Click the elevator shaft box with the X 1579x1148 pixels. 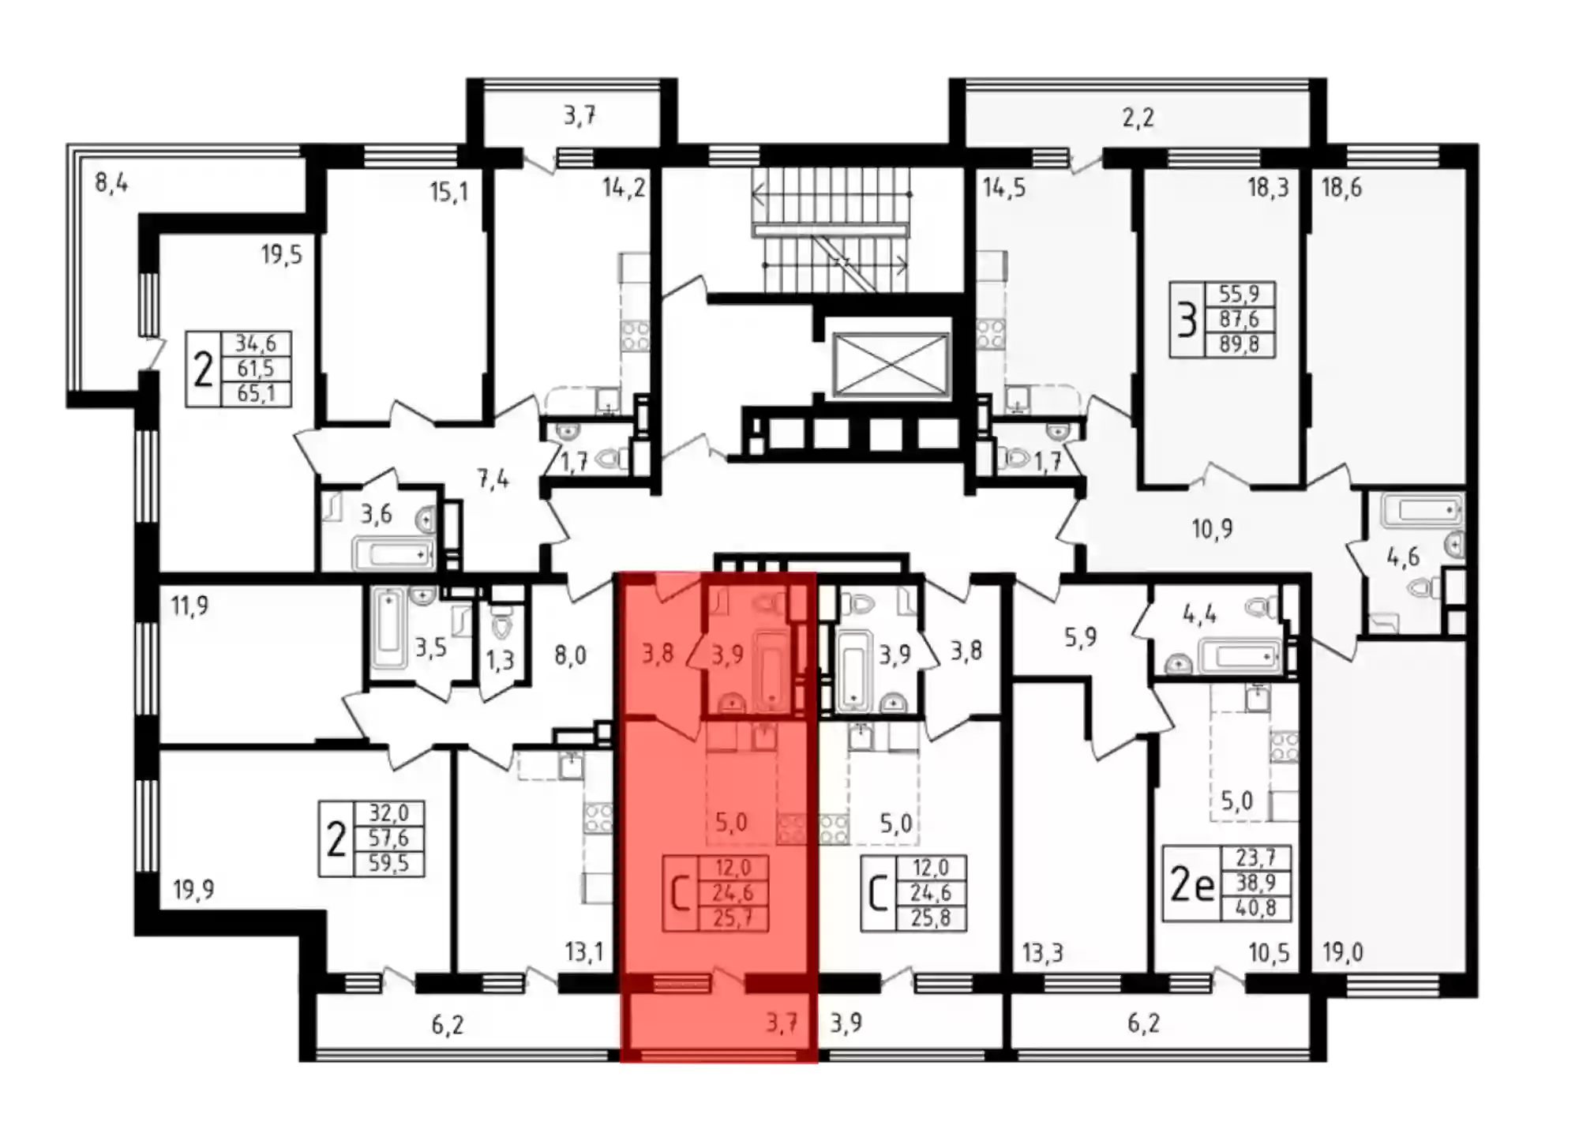point(890,365)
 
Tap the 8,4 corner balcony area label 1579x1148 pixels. point(111,184)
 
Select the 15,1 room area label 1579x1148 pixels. point(448,192)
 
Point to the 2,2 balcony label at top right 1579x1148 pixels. point(1138,118)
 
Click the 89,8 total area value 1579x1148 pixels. point(1239,344)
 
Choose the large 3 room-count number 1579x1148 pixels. point(1187,321)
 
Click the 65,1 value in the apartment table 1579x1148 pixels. point(256,392)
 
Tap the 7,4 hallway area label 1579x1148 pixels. point(493,478)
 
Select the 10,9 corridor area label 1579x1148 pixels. point(1212,528)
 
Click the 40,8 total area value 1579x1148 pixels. point(1255,908)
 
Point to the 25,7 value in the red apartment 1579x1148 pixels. point(732,918)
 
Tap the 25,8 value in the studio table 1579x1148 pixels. point(931,918)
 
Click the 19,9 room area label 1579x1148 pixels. point(193,890)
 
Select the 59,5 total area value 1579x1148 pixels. point(388,863)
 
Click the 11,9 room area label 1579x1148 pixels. point(189,606)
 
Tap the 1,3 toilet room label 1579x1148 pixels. point(499,660)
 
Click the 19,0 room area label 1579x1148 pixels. point(1342,953)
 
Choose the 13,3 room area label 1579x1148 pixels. point(1042,954)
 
